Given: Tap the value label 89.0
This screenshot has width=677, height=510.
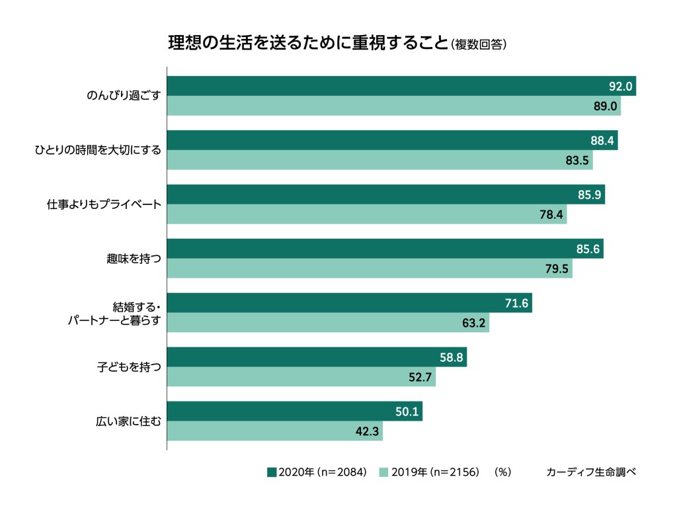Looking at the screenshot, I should click(605, 106).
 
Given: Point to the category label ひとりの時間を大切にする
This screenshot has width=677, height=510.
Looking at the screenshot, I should click(98, 149).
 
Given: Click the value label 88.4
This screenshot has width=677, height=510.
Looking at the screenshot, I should click(602, 140).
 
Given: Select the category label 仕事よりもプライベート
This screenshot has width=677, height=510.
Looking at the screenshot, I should click(104, 204).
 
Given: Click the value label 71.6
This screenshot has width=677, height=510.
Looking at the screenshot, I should click(516, 303).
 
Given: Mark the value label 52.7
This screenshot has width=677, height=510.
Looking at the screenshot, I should click(420, 377).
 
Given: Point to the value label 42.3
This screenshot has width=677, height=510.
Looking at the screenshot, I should click(368, 431).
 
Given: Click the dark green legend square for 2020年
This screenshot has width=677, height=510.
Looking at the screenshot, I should click(271, 472).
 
